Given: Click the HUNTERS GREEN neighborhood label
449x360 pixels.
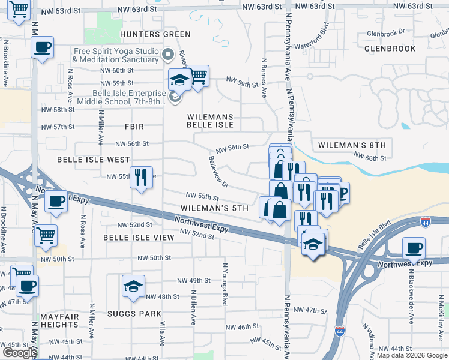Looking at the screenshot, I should click(146, 34).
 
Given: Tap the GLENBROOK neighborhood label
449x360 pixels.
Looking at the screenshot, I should click(389, 48).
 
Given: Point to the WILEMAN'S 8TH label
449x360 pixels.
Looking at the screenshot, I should click(351, 145).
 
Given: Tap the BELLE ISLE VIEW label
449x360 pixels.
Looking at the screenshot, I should click(139, 238).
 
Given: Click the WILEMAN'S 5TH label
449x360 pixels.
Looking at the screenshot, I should click(214, 208).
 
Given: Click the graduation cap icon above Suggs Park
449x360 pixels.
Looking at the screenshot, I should click(134, 286).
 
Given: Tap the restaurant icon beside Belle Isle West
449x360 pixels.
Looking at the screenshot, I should click(141, 177).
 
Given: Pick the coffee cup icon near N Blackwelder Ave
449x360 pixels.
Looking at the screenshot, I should click(413, 247).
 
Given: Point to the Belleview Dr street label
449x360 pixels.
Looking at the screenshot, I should click(218, 172).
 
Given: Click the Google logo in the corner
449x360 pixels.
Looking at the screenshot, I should click(19, 353).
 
